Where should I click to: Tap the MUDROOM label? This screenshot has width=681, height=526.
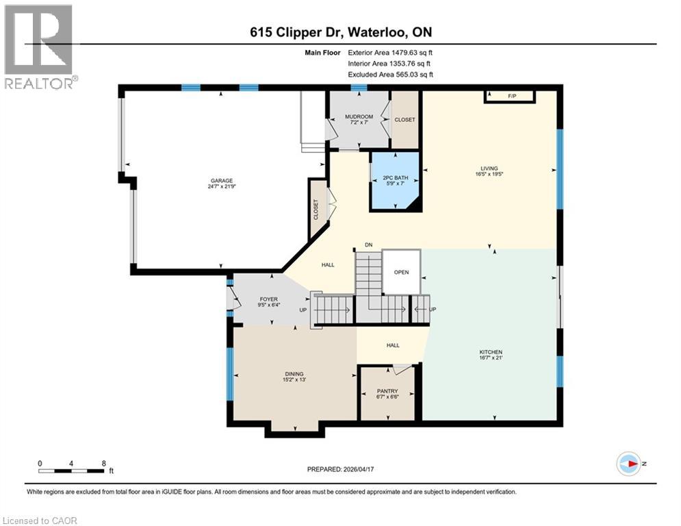359,117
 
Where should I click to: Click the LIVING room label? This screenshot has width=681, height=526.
489,168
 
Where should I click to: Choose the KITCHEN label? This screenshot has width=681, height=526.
491,354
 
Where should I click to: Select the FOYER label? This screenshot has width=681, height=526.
268,299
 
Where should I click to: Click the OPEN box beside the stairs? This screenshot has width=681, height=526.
401,272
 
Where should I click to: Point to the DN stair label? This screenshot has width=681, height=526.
368,245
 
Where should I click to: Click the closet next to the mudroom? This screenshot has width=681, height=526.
404,120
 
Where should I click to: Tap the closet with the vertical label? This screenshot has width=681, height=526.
317,209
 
